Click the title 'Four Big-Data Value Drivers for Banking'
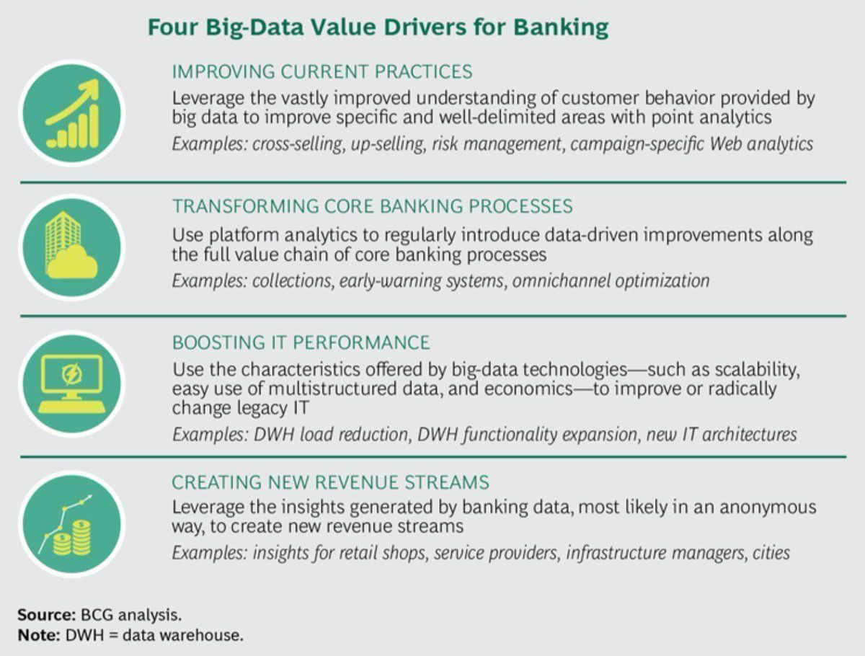378,28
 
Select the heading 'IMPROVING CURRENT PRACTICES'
322,71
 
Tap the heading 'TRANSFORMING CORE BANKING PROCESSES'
372,206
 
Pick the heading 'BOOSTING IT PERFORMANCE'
301,342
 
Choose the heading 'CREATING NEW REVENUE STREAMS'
331,482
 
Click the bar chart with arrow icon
71,114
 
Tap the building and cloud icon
71,247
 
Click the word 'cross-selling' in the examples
298,143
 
